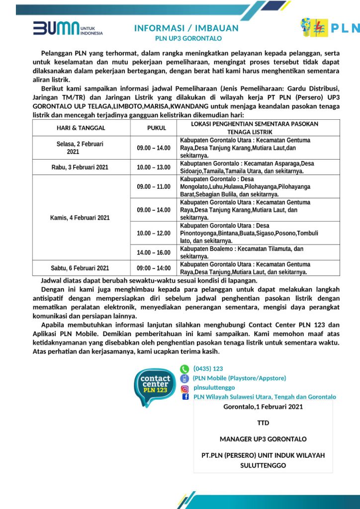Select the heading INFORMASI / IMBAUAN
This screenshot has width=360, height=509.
[x=186, y=28]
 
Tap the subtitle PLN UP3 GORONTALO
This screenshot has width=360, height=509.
[x=188, y=38]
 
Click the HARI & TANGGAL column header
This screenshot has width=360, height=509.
[x=82, y=128]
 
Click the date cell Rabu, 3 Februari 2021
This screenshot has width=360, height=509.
[x=80, y=167]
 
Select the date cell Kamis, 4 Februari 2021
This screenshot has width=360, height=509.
[x=80, y=217]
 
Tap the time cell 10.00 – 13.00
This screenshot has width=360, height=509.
[x=154, y=167]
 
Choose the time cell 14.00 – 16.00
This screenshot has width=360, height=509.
[x=154, y=253]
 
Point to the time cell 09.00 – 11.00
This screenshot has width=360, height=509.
[x=154, y=186]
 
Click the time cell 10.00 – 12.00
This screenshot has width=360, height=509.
[x=154, y=233]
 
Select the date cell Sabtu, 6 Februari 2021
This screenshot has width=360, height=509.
[x=80, y=268]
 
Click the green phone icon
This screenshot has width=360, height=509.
[x=184, y=369]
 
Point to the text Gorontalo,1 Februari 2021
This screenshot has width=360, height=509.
[x=263, y=407]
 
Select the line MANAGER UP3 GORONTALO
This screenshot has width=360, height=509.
[x=263, y=439]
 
